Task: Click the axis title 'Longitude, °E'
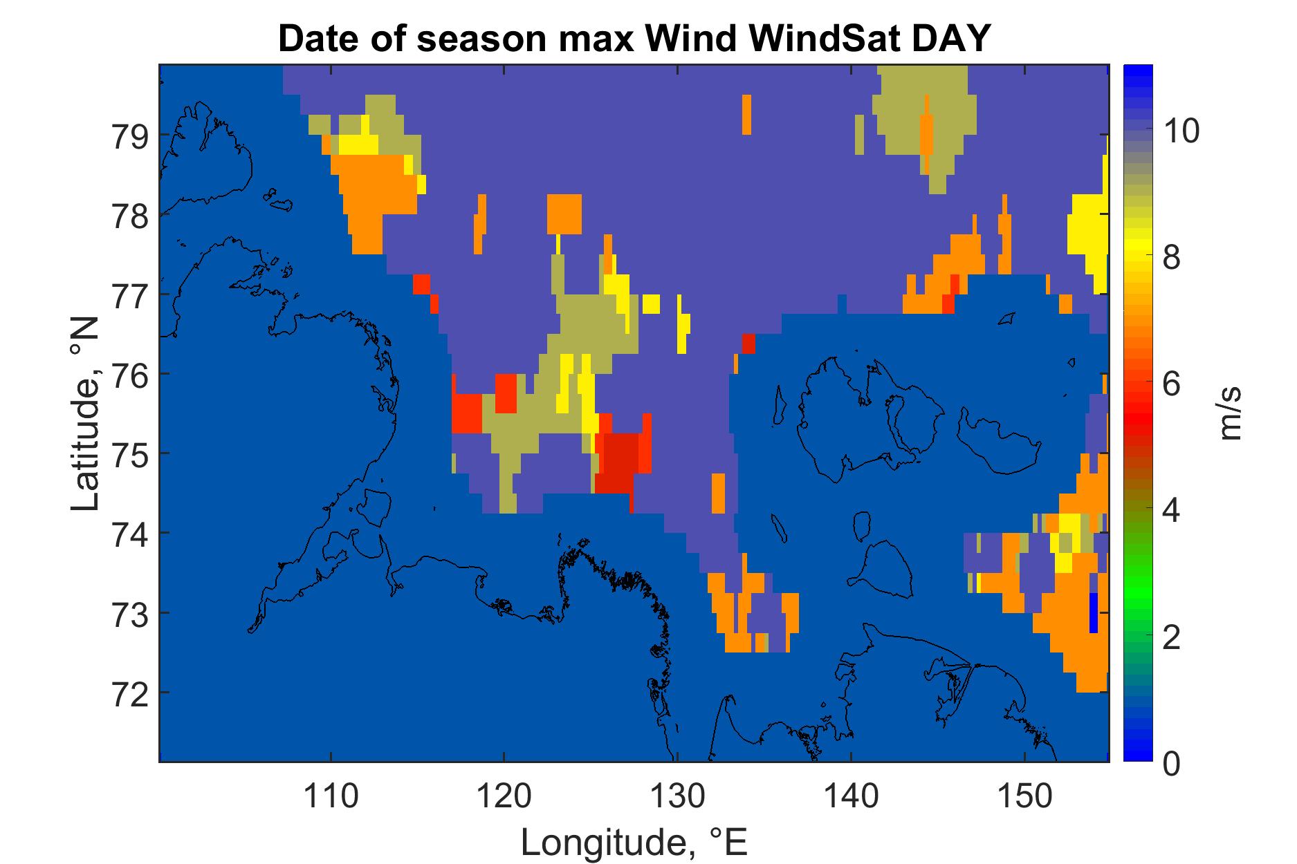[634, 842]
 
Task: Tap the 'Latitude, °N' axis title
[85, 415]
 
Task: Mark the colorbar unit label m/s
[1231, 413]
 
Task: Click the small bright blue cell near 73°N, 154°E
[1093, 612]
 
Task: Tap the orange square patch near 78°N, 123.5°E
[564, 214]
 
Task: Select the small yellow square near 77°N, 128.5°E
[651, 303]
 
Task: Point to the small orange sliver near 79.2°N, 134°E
[746, 115]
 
